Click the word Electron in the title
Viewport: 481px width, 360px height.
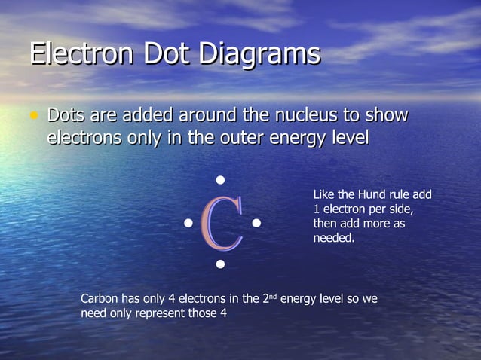[79, 54]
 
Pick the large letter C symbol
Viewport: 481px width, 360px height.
[222, 223]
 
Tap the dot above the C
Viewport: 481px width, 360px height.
[221, 180]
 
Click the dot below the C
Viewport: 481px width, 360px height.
[221, 264]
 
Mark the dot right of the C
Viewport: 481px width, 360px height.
[256, 223]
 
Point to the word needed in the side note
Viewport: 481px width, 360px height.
[333, 239]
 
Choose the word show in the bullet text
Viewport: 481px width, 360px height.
[386, 116]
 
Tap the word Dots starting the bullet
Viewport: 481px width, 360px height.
[66, 116]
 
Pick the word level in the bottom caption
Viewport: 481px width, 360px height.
[331, 299]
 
